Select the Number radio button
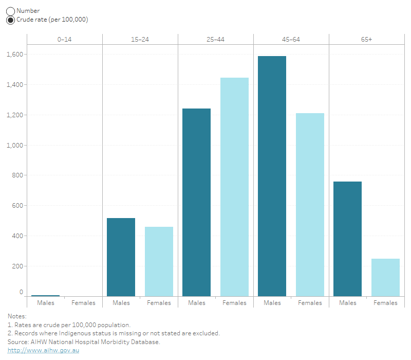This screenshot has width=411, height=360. click(x=10, y=11)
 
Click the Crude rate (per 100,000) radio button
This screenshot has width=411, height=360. click(x=10, y=20)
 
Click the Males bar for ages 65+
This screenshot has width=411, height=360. click(x=347, y=239)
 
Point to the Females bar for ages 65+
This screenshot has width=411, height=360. click(x=385, y=277)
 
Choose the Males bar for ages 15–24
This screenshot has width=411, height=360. click(x=121, y=257)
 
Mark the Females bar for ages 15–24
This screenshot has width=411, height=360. click(x=159, y=261)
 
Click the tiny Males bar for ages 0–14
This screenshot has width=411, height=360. click(x=45, y=295)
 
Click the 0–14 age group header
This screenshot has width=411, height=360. click(x=65, y=40)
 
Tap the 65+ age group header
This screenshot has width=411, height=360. click(x=366, y=40)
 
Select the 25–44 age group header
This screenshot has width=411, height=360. click(x=216, y=40)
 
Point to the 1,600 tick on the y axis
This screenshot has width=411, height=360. click(x=15, y=54)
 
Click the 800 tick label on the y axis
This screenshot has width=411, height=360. click(x=18, y=175)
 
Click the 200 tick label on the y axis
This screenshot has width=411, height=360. click(x=18, y=266)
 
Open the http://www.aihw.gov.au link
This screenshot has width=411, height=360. click(x=43, y=350)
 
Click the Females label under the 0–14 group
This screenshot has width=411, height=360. click(x=83, y=303)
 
